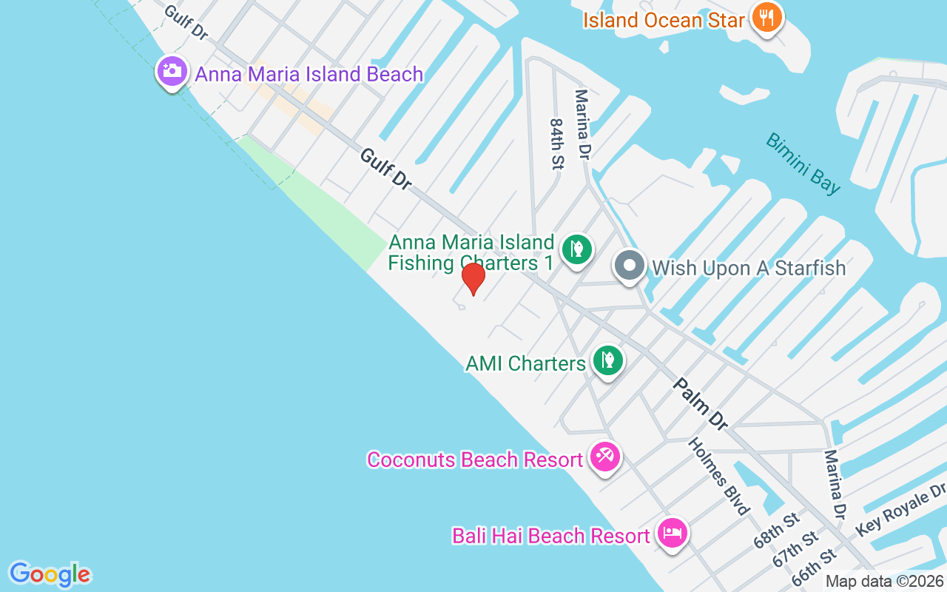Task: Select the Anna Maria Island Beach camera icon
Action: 172,72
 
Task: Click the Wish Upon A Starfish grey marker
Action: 630,266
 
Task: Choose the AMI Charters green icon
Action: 608,361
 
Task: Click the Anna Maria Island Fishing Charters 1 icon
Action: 576,249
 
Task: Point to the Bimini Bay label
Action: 803,164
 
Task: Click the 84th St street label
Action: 556,144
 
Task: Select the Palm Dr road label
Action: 701,404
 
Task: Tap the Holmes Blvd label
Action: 719,476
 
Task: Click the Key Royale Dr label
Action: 900,511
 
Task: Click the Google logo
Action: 50,574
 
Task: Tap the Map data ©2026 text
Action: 885,582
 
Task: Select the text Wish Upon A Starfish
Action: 748,268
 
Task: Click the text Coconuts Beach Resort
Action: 475,460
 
